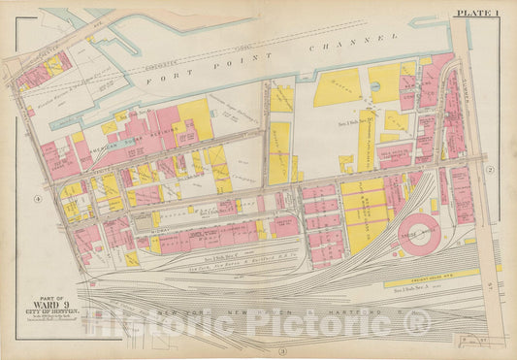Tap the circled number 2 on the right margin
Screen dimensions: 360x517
[x=491, y=170]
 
